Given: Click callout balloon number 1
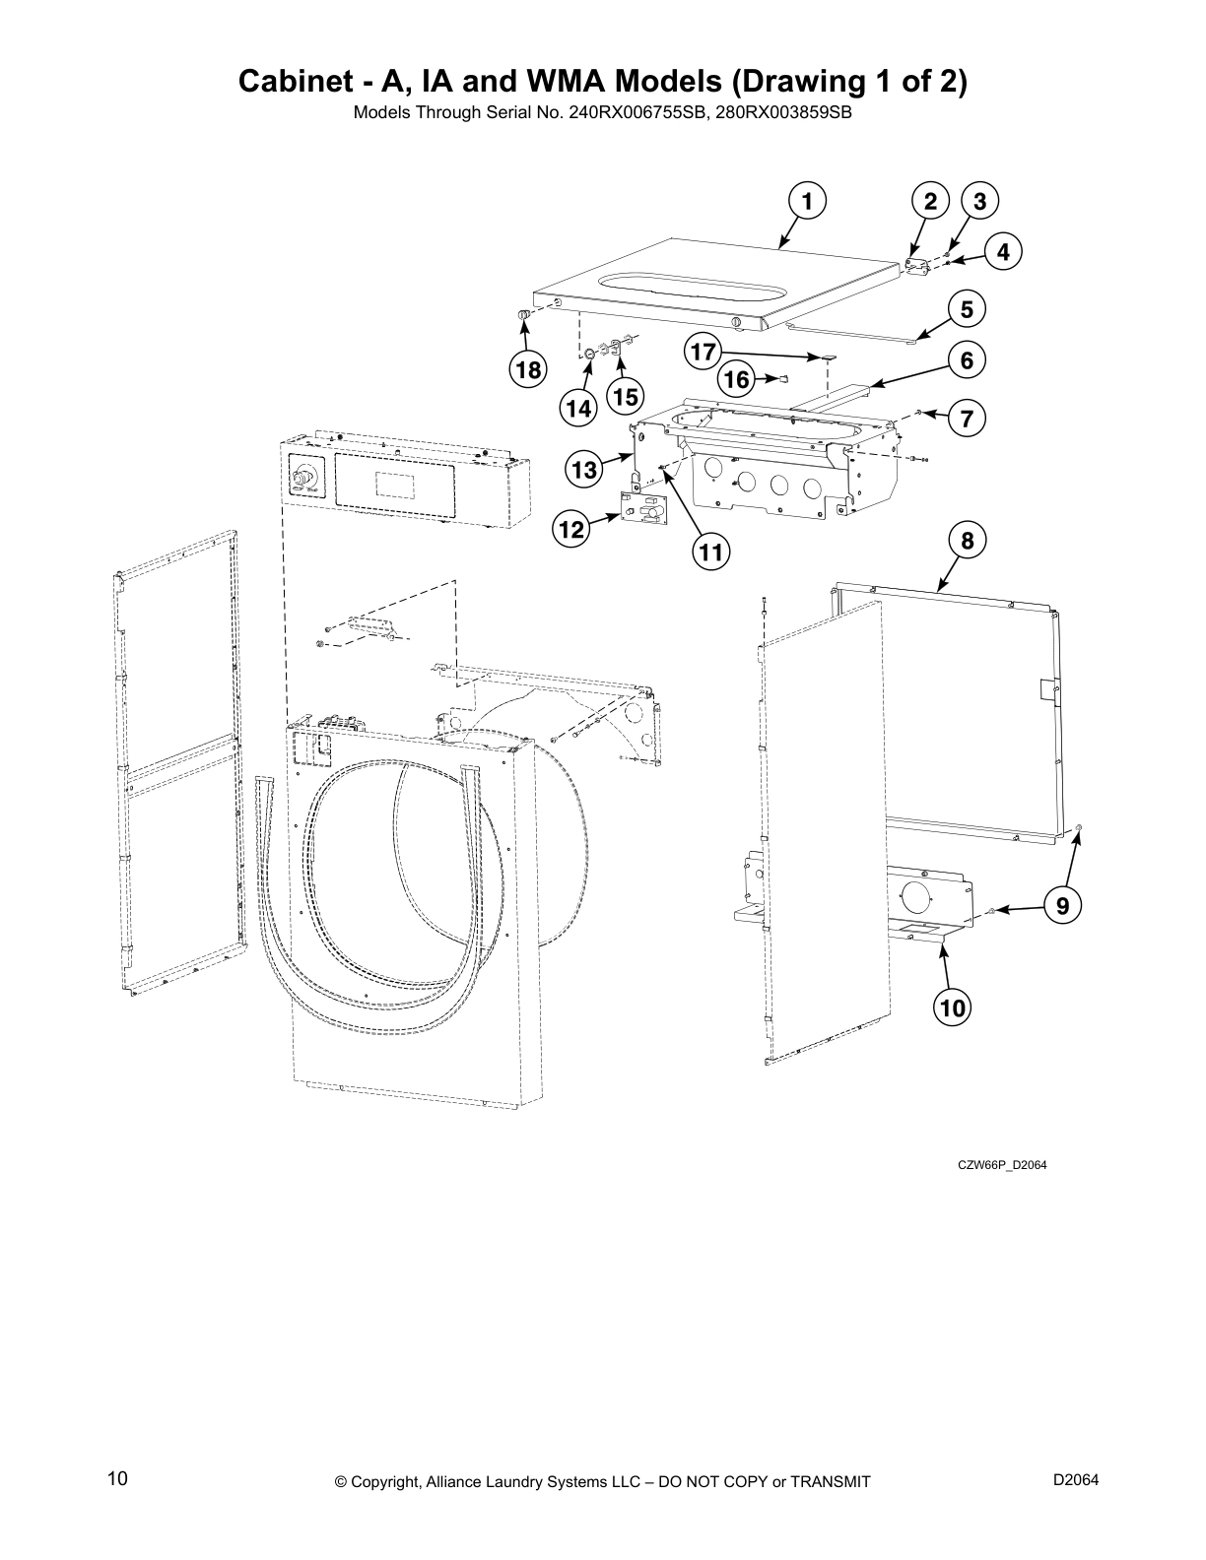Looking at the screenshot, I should click(x=806, y=202).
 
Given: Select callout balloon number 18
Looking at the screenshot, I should click(x=528, y=370).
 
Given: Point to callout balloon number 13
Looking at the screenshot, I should click(x=585, y=470).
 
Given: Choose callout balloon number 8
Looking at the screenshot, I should click(x=967, y=540).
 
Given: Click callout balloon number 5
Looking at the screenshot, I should click(x=967, y=309).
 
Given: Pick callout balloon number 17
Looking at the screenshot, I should click(x=702, y=351).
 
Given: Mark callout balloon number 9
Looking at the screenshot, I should click(x=1062, y=904).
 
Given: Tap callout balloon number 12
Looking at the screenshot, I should click(x=570, y=530).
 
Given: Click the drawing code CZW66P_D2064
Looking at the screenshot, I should click(x=1002, y=1165).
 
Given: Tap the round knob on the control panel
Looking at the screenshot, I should click(x=304, y=480).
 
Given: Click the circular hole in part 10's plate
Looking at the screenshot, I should click(x=914, y=895).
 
